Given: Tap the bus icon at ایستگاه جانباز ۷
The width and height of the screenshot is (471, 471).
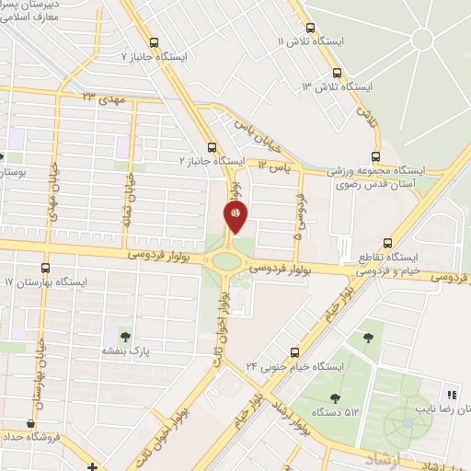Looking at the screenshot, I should coord(154,41).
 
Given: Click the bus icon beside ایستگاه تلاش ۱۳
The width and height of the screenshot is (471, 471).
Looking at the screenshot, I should coord(338,72).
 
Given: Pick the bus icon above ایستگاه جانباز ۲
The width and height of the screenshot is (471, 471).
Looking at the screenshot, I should coord(213,145).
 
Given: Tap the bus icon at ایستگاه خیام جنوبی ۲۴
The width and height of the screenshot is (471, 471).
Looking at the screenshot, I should coord(294,351).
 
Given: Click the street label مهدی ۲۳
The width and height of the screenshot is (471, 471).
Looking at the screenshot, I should coord(101,95).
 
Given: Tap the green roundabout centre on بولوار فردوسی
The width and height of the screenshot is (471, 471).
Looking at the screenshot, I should coord(226,260).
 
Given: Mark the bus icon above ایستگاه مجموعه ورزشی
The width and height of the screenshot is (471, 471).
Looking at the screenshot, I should coord(374,155).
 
